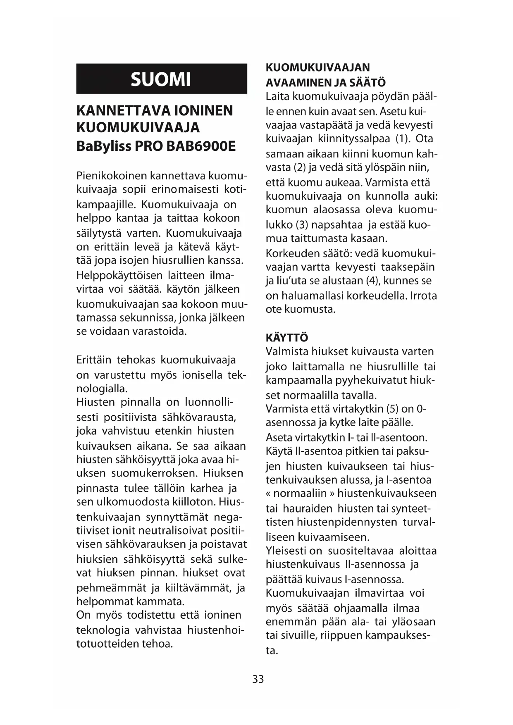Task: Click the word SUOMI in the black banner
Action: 161,79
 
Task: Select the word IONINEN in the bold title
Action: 204,111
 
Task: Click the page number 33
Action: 258,679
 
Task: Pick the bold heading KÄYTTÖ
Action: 287,338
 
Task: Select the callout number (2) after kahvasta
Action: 299,168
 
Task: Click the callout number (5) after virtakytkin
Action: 392,409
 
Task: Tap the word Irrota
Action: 424,296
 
